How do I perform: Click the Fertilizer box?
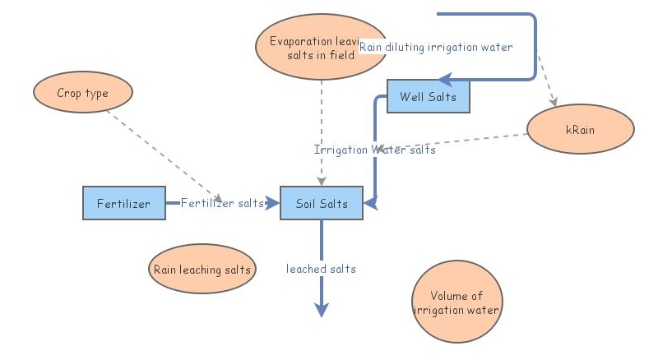tap(123, 203)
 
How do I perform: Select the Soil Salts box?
tap(322, 203)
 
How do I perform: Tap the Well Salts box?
tap(429, 97)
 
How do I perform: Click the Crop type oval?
tap(82, 93)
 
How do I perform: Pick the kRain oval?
tap(580, 130)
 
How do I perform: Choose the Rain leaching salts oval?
tap(202, 269)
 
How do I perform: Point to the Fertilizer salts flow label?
tap(221, 203)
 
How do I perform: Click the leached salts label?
tap(321, 269)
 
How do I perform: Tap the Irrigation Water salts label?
tap(375, 150)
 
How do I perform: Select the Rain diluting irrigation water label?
tap(436, 48)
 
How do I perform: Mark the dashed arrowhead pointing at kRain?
tap(555, 104)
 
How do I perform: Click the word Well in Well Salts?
tap(411, 97)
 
